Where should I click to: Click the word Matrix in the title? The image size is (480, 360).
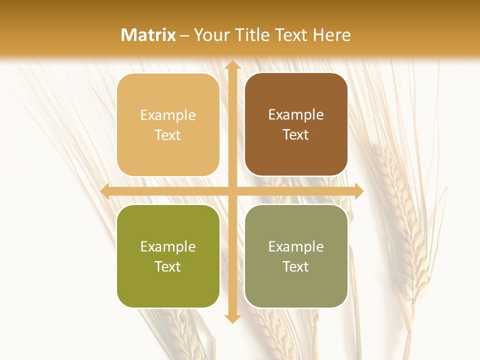tap(148, 35)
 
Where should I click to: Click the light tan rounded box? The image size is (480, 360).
tap(168, 125)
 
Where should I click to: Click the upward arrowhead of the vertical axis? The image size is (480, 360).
tap(231, 65)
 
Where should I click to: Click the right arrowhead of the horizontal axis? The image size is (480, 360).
tap(358, 191)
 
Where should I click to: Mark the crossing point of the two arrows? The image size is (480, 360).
tap(231, 191)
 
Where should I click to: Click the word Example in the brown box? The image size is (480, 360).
tap(296, 115)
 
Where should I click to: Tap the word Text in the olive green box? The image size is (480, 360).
tap(168, 266)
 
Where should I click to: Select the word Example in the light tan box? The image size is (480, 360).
tap(168, 115)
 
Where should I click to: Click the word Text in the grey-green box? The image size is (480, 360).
tap(296, 266)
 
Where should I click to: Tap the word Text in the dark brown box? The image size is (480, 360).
tap(296, 135)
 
